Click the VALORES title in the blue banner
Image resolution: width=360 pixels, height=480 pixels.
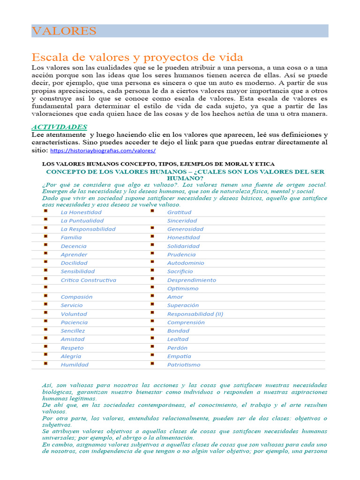64,31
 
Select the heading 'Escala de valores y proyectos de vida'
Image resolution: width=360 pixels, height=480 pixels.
137,57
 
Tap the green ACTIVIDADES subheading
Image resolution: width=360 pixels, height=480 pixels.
59,127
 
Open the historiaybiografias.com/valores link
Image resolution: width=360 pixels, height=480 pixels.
103,150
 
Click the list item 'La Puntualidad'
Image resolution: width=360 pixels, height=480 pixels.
82,220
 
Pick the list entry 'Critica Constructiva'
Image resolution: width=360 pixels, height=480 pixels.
88,280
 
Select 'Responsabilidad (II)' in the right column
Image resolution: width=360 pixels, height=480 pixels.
195,314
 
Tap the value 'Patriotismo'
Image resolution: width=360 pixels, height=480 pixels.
183,364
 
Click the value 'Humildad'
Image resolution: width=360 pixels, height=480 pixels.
74,364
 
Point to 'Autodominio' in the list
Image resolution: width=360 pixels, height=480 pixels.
185,263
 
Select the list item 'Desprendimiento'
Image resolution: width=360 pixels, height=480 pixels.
191,280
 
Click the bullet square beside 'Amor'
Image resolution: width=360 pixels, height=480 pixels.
152,296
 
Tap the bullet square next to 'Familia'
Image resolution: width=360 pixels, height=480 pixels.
46,237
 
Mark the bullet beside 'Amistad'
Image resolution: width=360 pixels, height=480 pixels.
46,338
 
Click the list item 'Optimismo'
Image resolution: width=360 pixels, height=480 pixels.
182,288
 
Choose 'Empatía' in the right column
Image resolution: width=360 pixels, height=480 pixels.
179,356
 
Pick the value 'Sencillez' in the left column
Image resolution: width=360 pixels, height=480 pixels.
73,330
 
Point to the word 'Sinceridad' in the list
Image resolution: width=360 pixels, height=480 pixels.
182,220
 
